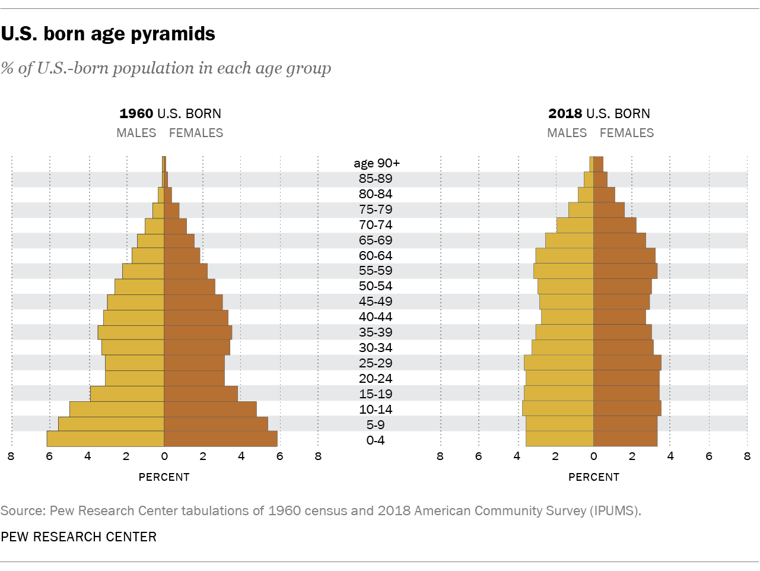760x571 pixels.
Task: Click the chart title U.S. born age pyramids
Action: point(108,34)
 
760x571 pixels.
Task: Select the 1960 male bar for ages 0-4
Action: point(106,439)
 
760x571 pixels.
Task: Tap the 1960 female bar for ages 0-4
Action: point(221,439)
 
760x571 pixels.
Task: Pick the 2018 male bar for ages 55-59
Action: point(564,271)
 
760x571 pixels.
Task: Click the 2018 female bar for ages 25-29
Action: point(627,363)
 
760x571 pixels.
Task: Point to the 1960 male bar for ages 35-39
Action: point(131,332)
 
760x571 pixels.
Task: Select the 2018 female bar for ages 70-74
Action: point(615,225)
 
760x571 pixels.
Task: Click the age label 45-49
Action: point(376,302)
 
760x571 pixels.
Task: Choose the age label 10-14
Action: point(376,410)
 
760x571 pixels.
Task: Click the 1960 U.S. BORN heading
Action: point(170,113)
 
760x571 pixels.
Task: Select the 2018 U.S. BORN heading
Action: point(599,113)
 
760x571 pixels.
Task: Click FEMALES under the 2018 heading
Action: point(627,133)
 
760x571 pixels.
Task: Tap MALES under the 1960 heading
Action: point(136,133)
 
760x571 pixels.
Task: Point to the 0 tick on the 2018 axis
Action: point(593,456)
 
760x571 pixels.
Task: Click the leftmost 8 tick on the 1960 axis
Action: point(11,456)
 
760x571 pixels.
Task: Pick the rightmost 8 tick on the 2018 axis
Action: point(747,456)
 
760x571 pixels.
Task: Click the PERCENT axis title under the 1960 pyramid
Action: point(164,477)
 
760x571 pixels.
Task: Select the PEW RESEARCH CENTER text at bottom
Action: point(79,537)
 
